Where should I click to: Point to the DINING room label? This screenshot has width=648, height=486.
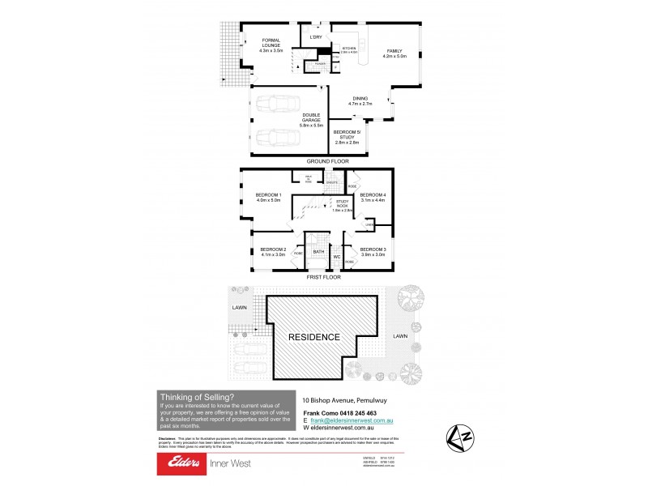[x=360, y=101]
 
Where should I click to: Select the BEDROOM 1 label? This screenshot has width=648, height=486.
[x=268, y=197]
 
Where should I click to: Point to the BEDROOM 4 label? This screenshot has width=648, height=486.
[x=373, y=197]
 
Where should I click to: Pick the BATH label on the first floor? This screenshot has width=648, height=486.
[x=318, y=252]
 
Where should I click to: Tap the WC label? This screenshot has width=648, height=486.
[x=336, y=258]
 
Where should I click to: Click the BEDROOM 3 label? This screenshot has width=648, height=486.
[x=372, y=251]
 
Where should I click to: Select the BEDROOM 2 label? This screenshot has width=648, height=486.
[x=273, y=251]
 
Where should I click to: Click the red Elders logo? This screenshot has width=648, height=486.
[x=183, y=463]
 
